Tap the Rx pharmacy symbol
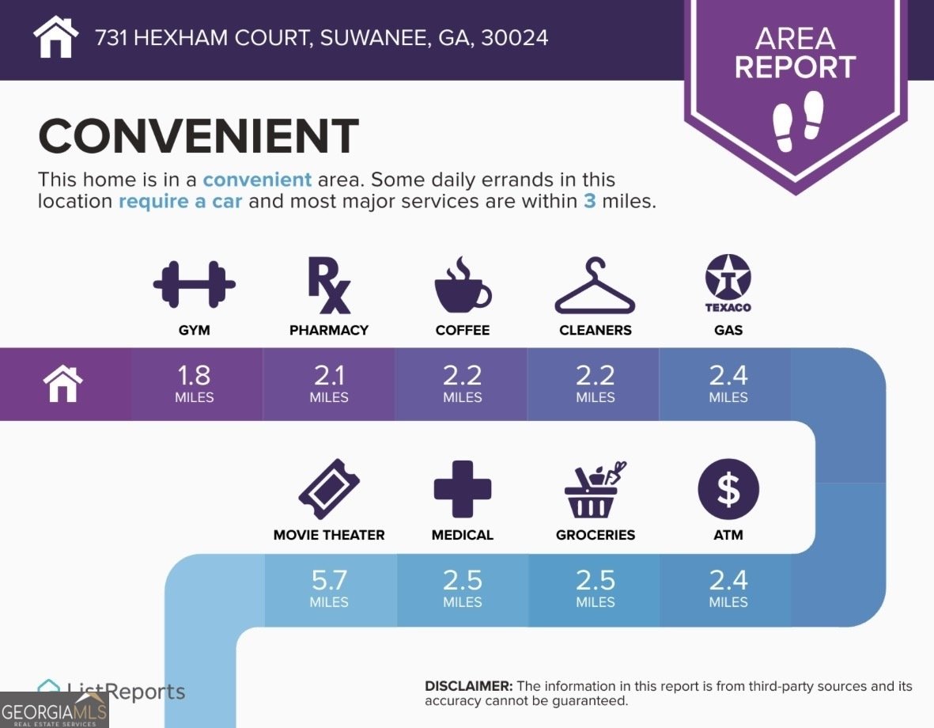click(328, 286)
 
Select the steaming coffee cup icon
click(463, 286)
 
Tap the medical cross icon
click(463, 489)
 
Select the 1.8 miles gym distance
click(195, 383)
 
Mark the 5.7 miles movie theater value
click(329, 589)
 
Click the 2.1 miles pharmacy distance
click(329, 383)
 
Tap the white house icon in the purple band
click(63, 385)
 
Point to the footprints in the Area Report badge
click(796, 120)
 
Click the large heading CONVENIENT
click(199, 136)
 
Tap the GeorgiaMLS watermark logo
click(54, 709)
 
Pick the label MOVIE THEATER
click(329, 535)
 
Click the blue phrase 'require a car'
click(183, 201)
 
